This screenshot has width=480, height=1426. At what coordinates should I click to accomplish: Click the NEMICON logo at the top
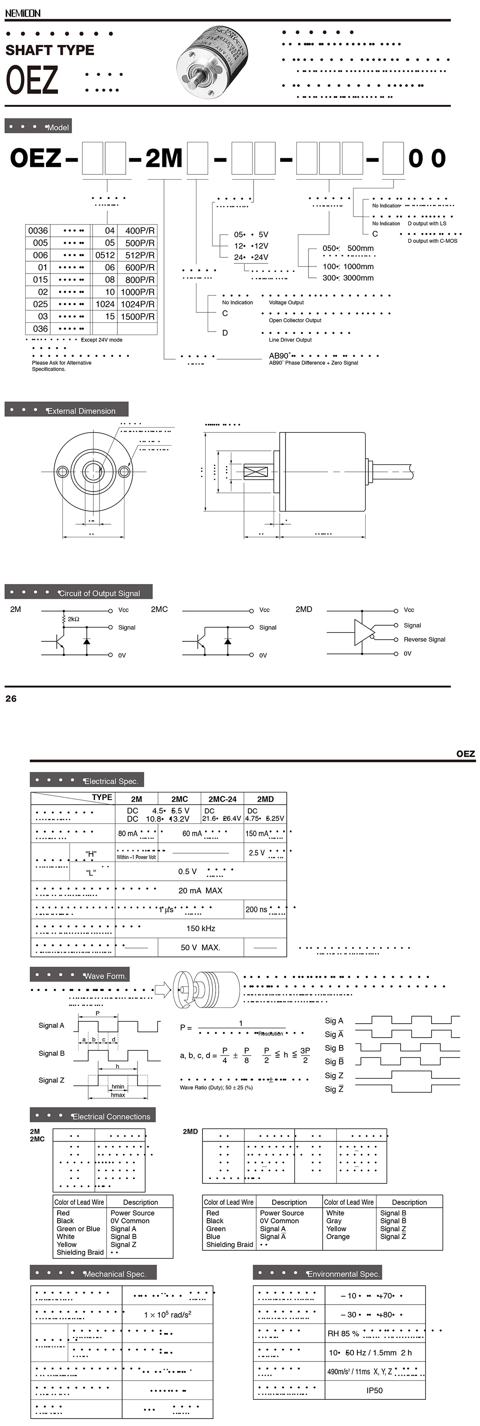click(x=23, y=13)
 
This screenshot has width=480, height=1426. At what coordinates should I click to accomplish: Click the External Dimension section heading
click(x=81, y=411)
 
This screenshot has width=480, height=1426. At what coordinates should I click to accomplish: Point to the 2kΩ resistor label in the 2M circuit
click(x=74, y=619)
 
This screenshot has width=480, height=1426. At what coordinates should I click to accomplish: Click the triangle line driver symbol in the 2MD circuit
click(x=364, y=632)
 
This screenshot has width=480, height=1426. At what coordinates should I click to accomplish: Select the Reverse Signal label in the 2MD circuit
click(x=424, y=639)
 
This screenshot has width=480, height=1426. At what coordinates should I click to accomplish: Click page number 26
click(x=11, y=699)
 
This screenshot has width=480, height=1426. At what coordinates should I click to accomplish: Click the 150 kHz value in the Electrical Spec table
click(x=201, y=928)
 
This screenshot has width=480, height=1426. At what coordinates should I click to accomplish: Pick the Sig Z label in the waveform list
click(x=334, y=1075)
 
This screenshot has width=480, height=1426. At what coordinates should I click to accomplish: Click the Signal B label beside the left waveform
click(x=51, y=1053)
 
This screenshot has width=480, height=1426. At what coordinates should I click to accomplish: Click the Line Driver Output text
click(x=290, y=340)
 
